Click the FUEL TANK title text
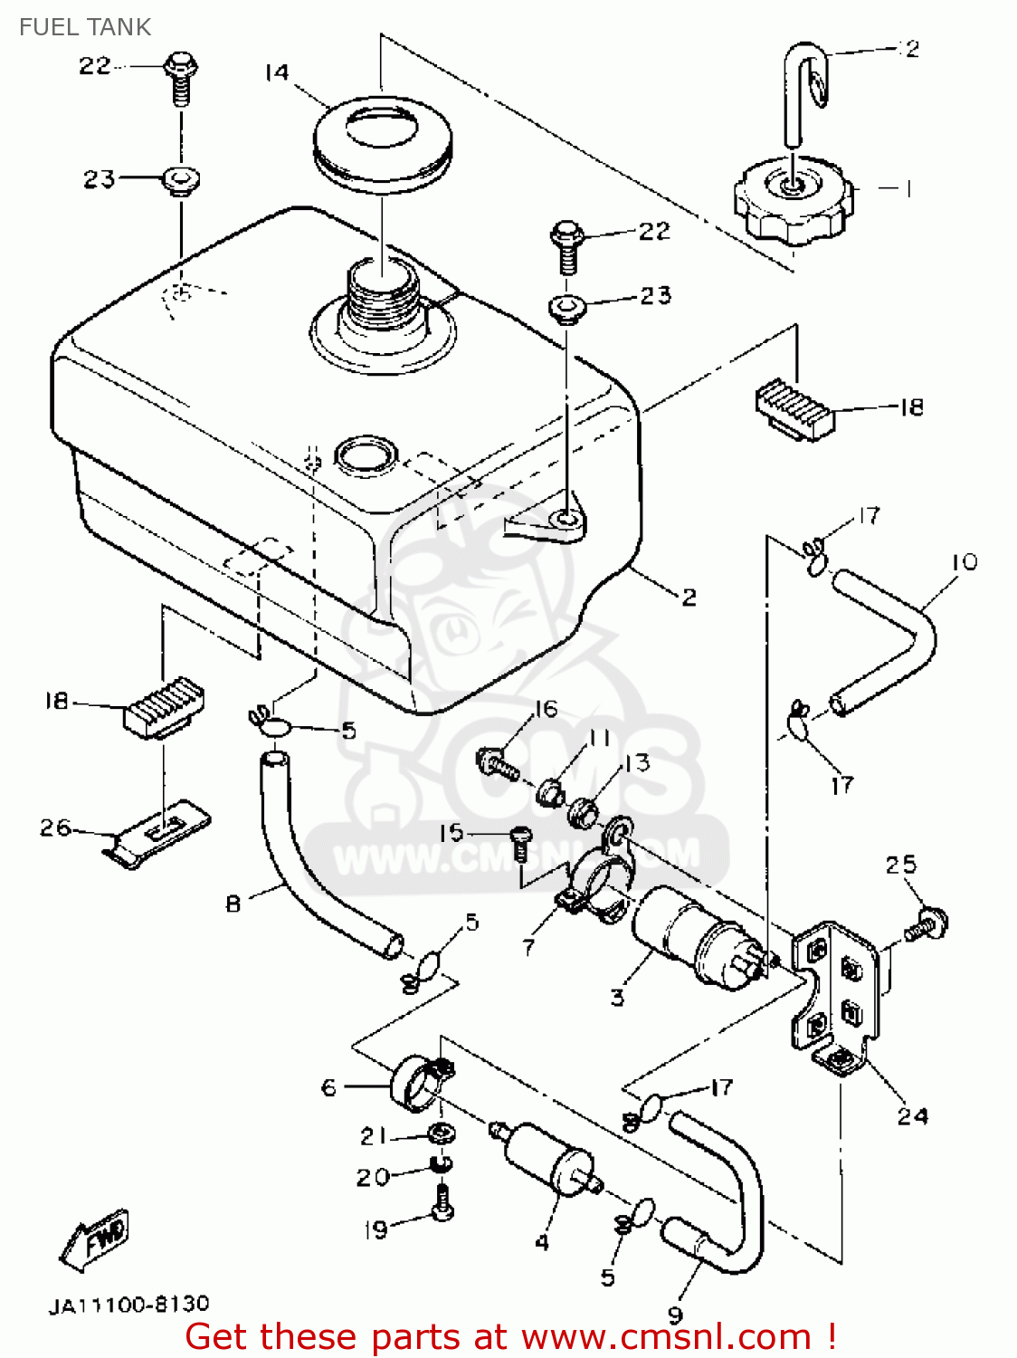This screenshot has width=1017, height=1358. (85, 27)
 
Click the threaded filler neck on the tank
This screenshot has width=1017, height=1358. (380, 299)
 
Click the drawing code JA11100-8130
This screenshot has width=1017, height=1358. (128, 1305)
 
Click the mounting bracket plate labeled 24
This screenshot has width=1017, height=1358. (837, 996)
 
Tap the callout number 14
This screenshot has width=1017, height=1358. (277, 72)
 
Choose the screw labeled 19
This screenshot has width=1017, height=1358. (442, 1204)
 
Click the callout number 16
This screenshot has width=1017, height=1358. (546, 709)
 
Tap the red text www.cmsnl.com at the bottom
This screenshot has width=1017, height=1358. (666, 1336)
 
